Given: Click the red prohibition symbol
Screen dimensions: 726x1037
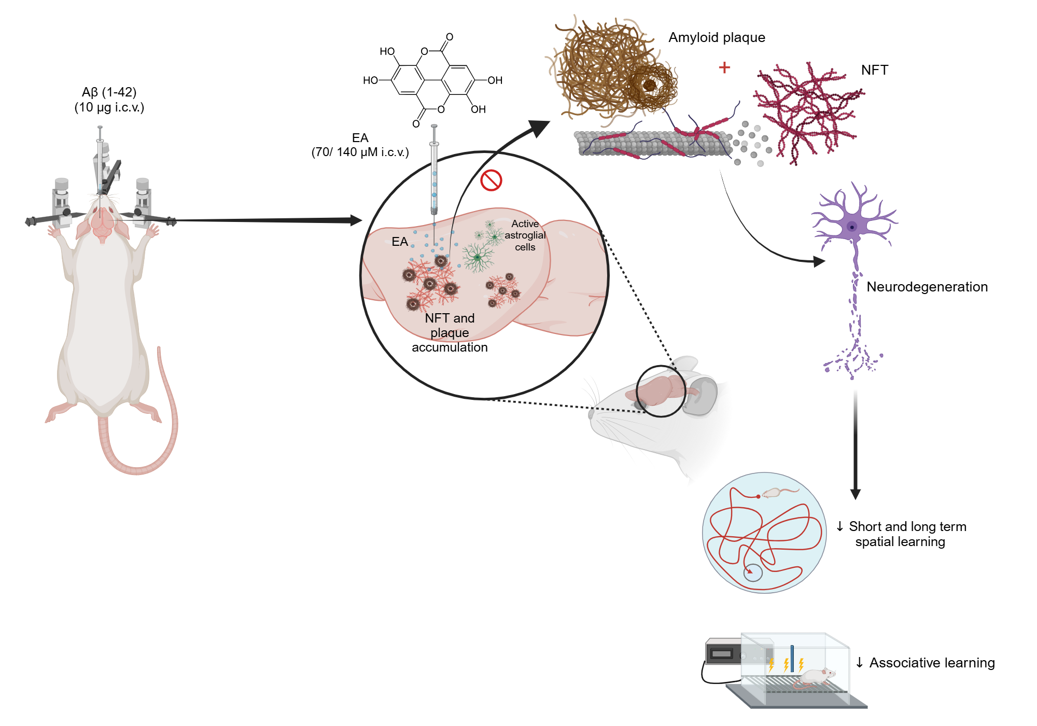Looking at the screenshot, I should (x=491, y=180).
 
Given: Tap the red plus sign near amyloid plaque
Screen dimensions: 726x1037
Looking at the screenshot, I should (x=724, y=67).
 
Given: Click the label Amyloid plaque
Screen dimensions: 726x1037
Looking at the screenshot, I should (x=717, y=37).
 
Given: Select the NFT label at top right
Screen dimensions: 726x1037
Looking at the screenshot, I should (x=874, y=70).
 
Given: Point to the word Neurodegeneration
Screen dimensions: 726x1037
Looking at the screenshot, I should (x=927, y=287).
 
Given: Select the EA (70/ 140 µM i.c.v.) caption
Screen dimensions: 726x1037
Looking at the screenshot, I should (x=360, y=145).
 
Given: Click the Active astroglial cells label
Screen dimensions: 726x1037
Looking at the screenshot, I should (x=525, y=235).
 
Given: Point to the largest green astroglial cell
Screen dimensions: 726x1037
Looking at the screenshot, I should (x=478, y=257).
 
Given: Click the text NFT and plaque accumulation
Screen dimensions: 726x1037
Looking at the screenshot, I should (x=450, y=332).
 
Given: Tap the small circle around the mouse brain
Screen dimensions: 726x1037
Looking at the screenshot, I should (x=661, y=391).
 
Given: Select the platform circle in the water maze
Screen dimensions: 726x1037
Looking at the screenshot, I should (x=753, y=573).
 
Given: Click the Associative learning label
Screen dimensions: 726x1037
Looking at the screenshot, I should (x=931, y=663).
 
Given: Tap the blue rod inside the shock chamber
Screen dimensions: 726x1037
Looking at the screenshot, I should (x=792, y=658).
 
